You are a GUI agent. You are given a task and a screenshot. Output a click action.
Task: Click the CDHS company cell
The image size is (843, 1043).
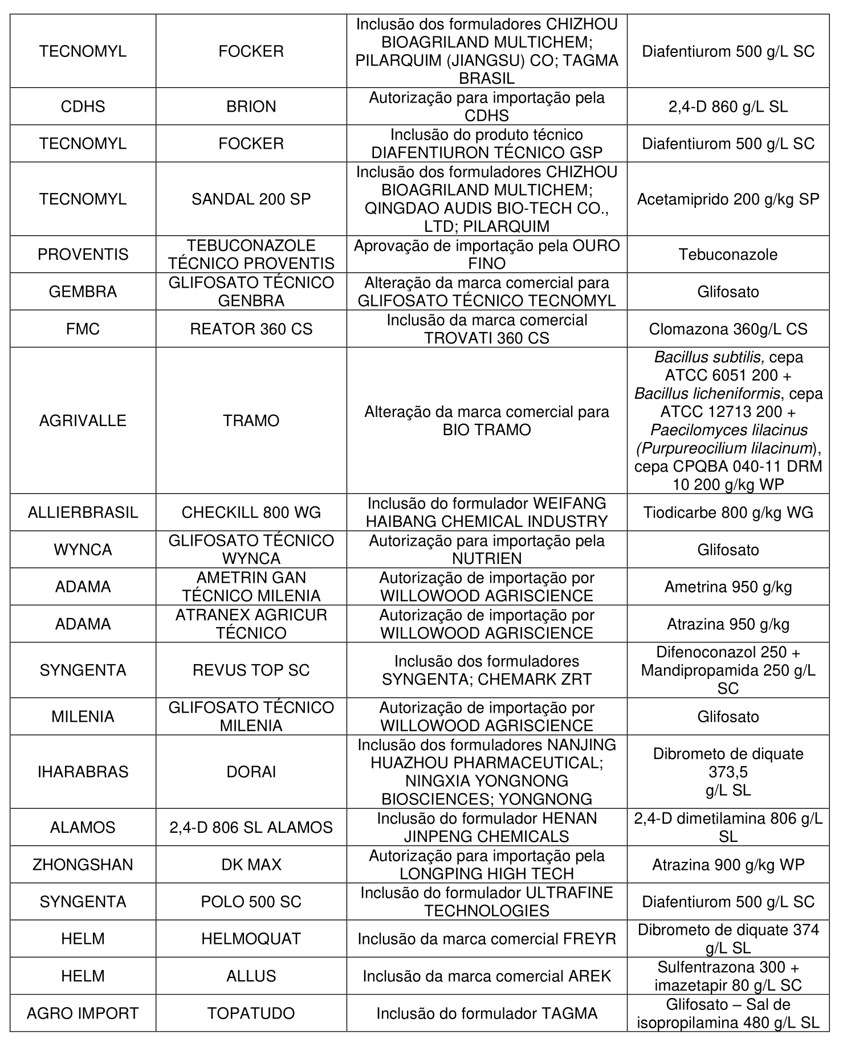[x=83, y=107]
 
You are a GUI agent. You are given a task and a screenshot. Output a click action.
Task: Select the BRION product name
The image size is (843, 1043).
[x=251, y=107]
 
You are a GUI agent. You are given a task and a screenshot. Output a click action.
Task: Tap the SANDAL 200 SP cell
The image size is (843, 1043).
[x=251, y=199]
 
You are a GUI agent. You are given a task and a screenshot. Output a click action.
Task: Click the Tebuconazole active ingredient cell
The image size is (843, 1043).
[x=728, y=254]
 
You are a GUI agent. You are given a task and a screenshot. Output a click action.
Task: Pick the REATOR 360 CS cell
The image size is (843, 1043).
[x=251, y=329]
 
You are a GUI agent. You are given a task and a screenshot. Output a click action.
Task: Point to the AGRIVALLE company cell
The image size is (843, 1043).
[x=83, y=420]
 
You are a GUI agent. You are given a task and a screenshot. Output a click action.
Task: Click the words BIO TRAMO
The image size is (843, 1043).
[x=486, y=430]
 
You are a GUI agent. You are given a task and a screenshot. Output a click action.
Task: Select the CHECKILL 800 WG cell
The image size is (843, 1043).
[x=251, y=512]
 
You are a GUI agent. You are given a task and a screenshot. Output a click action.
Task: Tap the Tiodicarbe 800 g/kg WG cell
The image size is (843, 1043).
[x=728, y=512]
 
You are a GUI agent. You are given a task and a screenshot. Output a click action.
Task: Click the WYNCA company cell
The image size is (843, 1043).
[x=83, y=550]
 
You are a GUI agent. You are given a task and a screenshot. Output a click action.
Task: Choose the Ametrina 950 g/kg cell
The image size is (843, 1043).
[x=728, y=587]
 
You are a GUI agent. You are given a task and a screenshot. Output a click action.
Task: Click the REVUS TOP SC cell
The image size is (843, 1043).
[x=251, y=670]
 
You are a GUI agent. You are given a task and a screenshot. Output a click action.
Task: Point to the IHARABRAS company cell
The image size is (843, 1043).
[x=83, y=771]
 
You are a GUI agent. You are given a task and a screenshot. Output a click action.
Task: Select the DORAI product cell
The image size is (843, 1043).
[x=251, y=771]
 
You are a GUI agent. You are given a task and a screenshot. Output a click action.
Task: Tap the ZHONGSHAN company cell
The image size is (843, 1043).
[x=83, y=865]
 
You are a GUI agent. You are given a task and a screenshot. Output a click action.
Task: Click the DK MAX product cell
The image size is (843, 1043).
[x=251, y=865]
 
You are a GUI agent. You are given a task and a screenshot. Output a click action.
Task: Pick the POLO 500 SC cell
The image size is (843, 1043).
[x=251, y=902]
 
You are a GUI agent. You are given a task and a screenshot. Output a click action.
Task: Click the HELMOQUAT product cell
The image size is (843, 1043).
[x=251, y=939]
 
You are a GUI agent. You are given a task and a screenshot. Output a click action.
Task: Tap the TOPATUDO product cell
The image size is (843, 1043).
[x=251, y=1013]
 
